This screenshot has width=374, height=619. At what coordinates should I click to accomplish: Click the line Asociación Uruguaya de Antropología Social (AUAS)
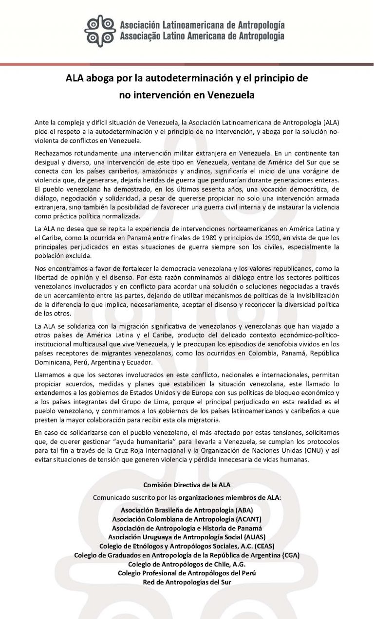[x=187, y=537]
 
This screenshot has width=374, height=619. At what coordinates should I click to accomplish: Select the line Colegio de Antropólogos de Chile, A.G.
[x=187, y=564]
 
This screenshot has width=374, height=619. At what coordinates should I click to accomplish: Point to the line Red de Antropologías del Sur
[x=187, y=582]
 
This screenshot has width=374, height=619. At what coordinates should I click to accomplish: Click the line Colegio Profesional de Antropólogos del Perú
[x=187, y=573]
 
